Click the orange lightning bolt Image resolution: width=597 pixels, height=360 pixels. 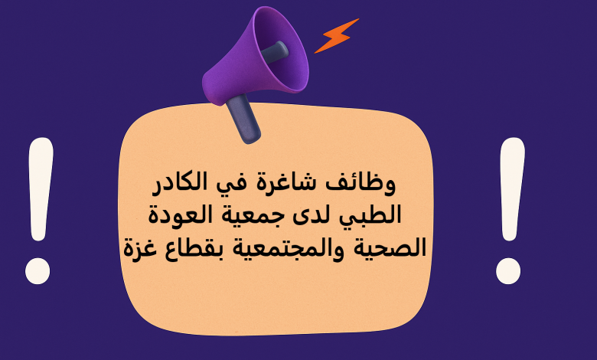pyautogui.click(x=336, y=35)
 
